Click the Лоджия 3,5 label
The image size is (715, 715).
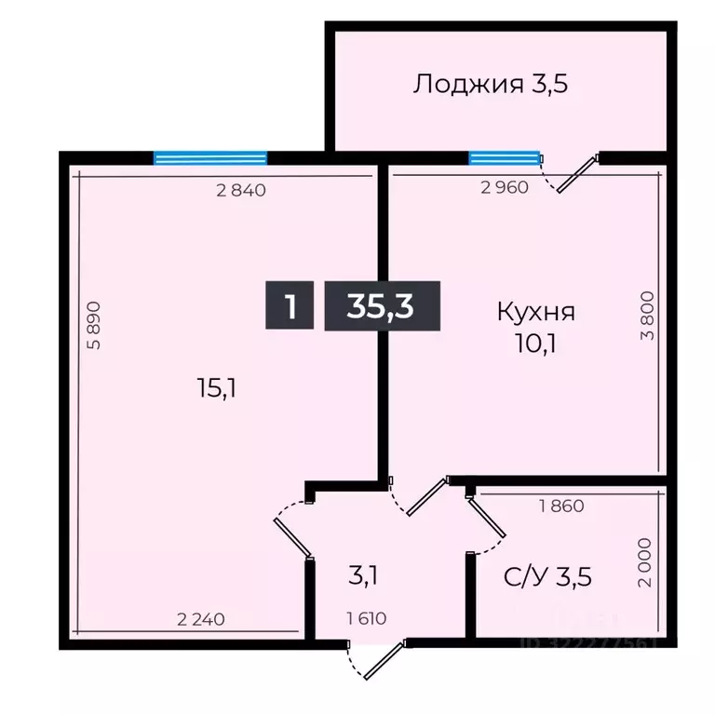tap(491, 85)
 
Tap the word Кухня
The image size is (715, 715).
tap(535, 311)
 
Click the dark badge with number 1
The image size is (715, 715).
tap(290, 305)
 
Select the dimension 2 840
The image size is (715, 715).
tap(241, 191)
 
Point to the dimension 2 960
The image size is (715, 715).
tap(505, 186)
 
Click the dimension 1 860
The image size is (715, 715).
tap(562, 507)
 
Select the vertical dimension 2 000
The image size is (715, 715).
tap(648, 562)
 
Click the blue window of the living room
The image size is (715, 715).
tap(210, 157)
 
